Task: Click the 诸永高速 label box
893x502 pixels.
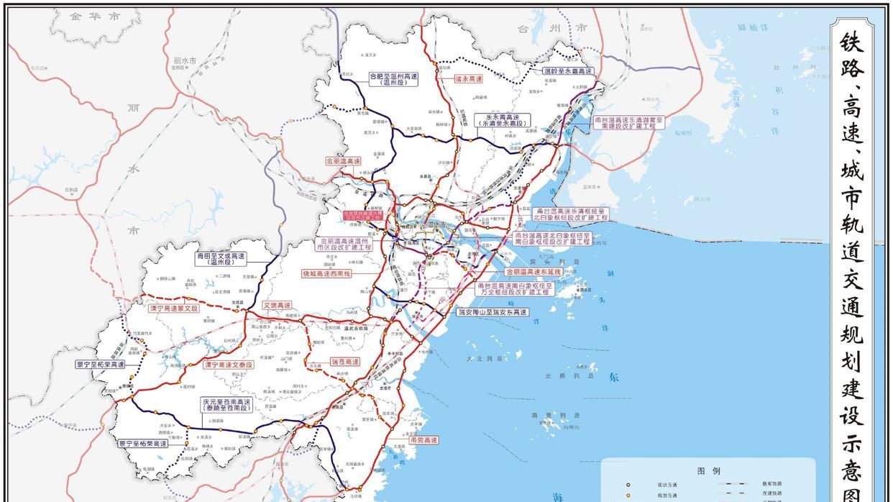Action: tap(468, 79)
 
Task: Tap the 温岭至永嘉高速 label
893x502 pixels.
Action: tap(568, 71)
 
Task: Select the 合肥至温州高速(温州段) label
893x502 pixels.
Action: tap(393, 79)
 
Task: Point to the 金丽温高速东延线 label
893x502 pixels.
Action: tap(533, 272)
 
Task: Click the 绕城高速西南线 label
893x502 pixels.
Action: tap(326, 273)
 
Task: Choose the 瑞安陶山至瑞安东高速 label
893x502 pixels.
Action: tap(493, 312)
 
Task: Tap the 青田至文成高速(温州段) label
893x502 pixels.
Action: tap(221, 259)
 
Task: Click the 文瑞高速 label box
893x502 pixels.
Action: tap(278, 305)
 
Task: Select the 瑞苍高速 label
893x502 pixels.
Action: tap(344, 362)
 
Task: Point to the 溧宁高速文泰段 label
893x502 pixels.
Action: tap(229, 365)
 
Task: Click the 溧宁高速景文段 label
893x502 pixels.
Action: tap(173, 308)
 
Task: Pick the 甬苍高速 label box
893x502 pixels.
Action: tap(423, 439)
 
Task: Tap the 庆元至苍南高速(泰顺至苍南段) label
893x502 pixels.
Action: tap(226, 405)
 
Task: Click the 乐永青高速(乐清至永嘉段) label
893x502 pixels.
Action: tap(503, 120)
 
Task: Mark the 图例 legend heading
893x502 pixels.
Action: tap(708, 471)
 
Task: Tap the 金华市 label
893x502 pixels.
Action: tap(96, 17)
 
